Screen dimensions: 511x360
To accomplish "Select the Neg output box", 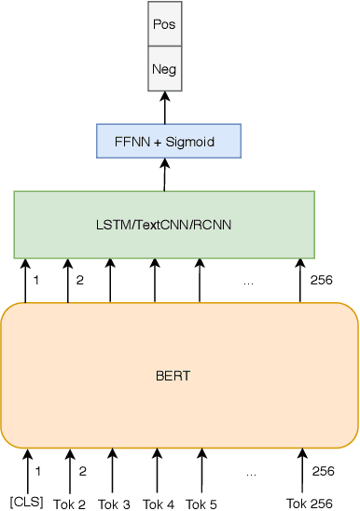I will pos(165,69).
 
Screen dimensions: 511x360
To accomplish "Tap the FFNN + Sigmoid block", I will pos(168,141).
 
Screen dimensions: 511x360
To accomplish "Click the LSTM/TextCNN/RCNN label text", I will pos(164,226).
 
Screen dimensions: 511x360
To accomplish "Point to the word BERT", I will pos(173,377).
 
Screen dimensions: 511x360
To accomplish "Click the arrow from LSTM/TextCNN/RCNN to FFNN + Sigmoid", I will pos(165,174).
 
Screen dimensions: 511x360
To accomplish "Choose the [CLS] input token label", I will pos(27,503).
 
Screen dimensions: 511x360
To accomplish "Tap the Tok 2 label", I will pos(69,504).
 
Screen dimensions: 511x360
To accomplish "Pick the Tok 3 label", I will pos(114,504).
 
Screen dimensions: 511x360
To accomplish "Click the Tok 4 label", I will pos(158,504).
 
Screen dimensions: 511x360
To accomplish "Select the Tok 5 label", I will pos(201,504).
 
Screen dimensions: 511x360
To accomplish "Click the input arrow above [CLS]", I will pos(28,469).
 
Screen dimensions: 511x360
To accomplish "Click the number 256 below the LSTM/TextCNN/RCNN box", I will pos(322,278).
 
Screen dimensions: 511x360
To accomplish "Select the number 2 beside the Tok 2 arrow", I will pos(82,472).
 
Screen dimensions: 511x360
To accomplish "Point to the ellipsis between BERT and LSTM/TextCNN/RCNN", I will pos(248,281).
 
